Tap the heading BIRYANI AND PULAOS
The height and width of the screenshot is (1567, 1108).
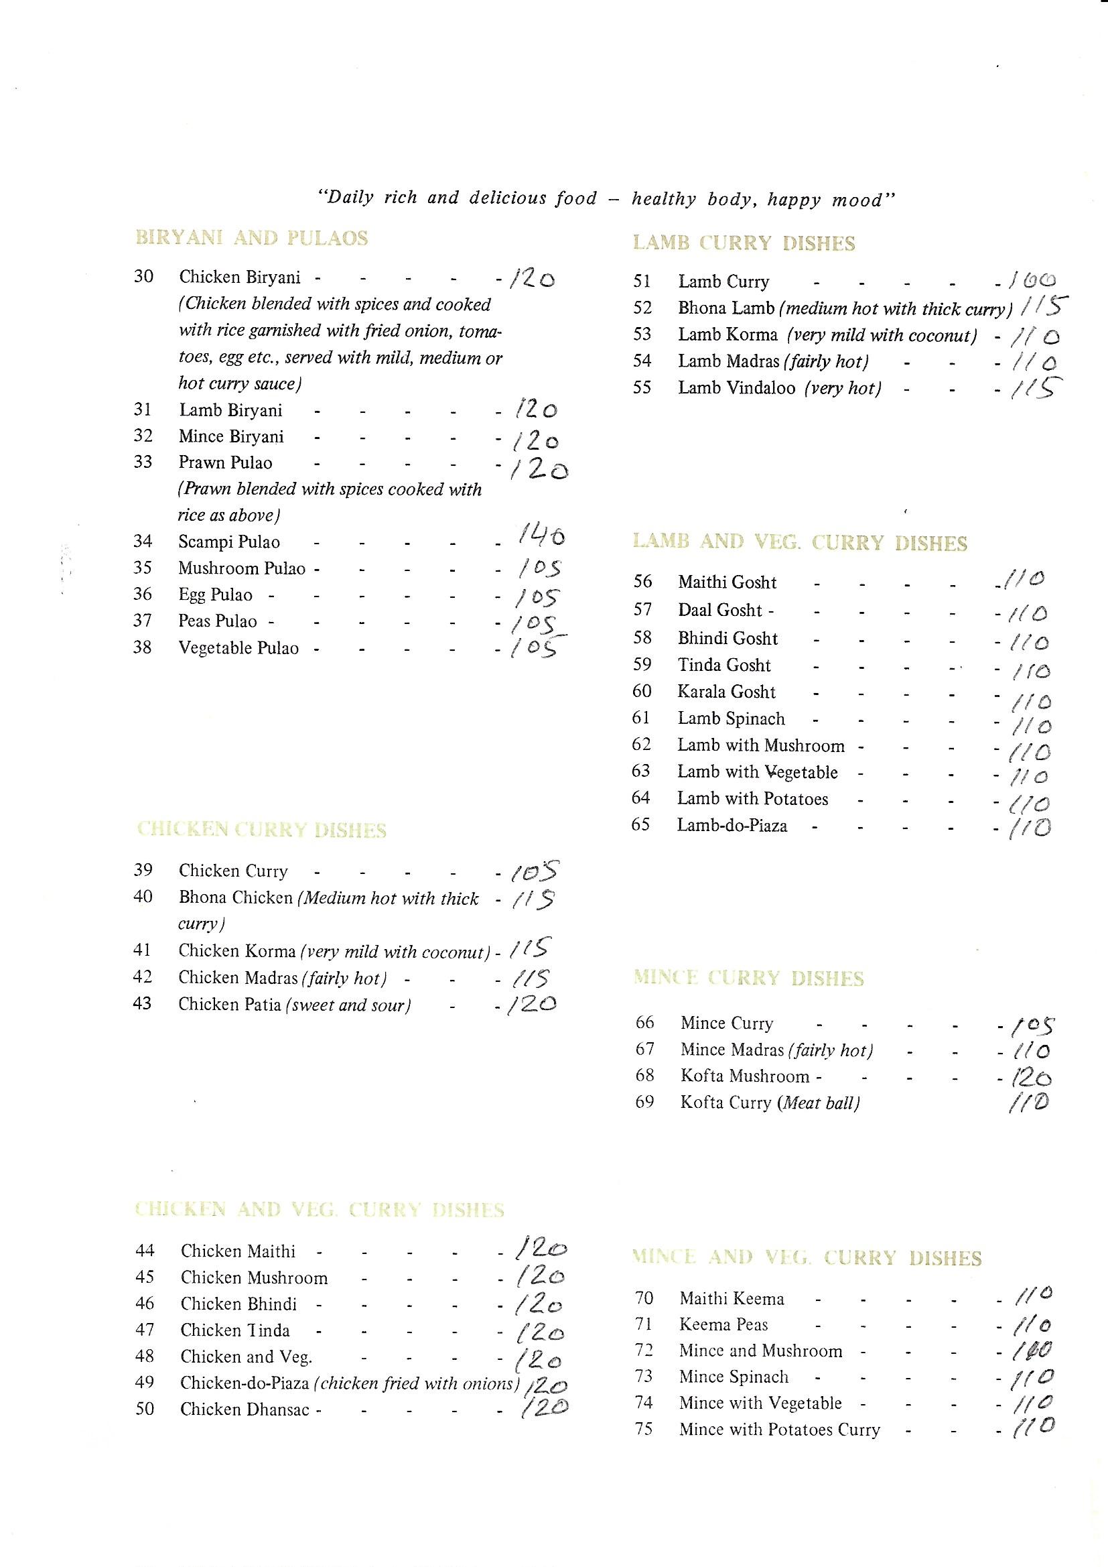252,238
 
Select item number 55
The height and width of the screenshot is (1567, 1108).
642,387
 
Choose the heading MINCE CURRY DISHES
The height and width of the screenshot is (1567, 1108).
748,978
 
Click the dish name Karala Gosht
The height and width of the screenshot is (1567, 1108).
726,692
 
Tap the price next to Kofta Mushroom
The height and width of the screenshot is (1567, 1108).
1031,1077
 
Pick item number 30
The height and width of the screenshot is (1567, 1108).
143,276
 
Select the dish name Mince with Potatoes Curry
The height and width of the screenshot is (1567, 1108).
779,1429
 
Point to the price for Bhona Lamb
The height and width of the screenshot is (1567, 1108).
1044,308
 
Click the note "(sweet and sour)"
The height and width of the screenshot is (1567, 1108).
348,1005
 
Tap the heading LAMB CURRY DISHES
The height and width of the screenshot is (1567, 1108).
744,244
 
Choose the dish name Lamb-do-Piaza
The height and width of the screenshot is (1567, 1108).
732,825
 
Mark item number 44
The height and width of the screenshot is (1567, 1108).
145,1251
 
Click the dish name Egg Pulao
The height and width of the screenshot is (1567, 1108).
216,594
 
